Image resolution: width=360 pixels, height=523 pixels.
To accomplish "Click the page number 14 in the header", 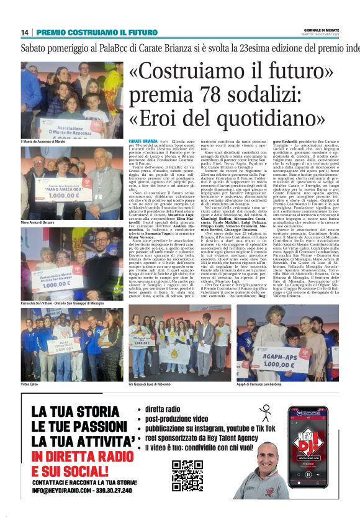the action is [x=25, y=32].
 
